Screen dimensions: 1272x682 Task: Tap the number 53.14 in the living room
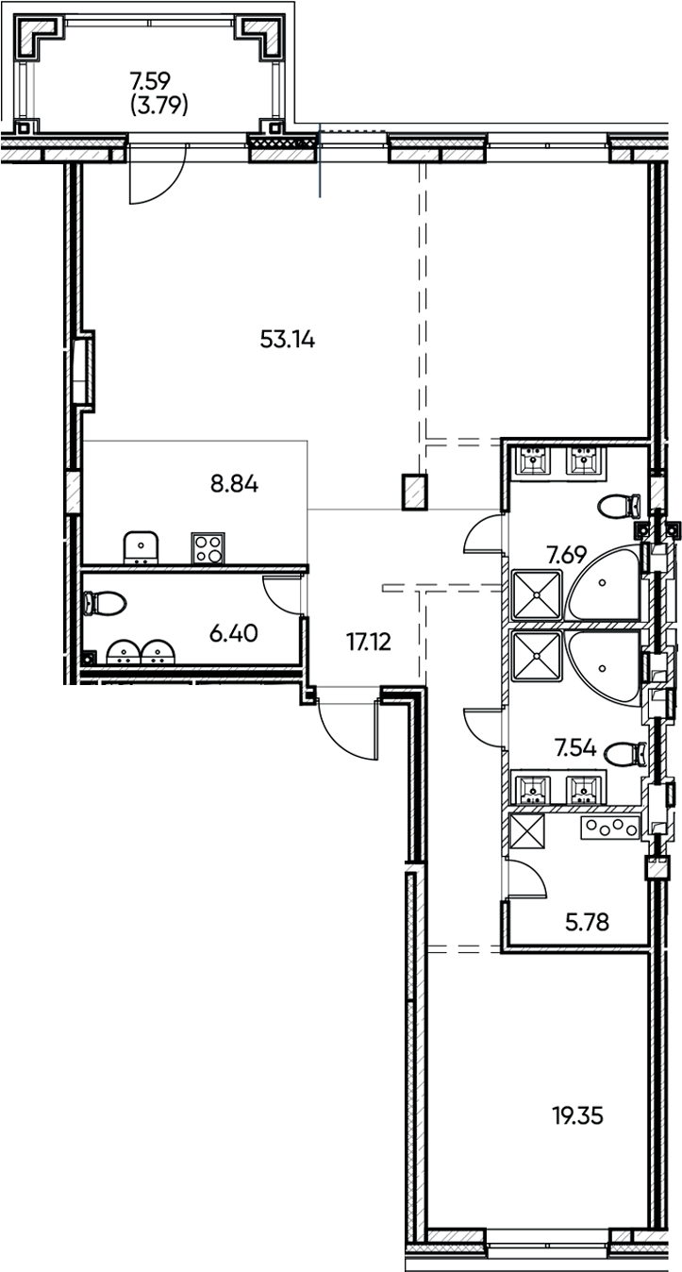(287, 340)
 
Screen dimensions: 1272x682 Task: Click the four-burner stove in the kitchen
(208, 546)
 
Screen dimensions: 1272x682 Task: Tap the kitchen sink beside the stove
(141, 546)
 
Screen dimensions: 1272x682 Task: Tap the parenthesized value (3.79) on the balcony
(158, 106)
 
